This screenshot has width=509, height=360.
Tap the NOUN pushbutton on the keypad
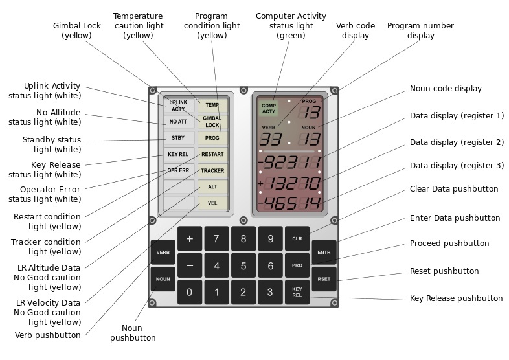pos(163,279)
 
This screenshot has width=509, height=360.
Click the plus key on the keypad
pos(190,238)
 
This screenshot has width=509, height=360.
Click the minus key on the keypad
pos(190,265)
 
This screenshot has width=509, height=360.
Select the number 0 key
pos(190,292)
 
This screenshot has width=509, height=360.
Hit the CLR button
pos(297,238)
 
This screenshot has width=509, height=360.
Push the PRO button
pos(297,265)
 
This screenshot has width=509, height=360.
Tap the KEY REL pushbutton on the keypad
pos(297,292)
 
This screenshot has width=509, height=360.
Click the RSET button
pos(324,279)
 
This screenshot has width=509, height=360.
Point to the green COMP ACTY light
pos(269,108)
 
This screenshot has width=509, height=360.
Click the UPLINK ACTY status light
pos(178,106)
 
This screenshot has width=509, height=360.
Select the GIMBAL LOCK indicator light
pos(212,121)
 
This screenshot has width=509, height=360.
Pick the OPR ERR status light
pos(178,170)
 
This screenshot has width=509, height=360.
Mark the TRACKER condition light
pos(212,171)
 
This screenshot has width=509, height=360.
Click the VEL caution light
pos(212,203)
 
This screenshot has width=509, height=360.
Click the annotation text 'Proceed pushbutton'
pos(449,243)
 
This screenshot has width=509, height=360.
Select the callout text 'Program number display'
pos(420,30)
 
